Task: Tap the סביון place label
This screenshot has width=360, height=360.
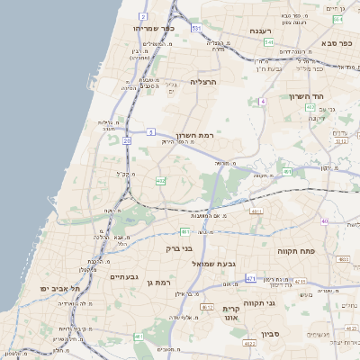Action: tap(272, 334)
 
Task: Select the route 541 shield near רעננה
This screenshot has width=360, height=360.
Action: tap(269, 41)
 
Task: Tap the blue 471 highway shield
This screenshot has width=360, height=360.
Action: tap(251, 278)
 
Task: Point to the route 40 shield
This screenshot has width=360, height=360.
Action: tap(324, 221)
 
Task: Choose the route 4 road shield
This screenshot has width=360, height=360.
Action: tap(263, 102)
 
